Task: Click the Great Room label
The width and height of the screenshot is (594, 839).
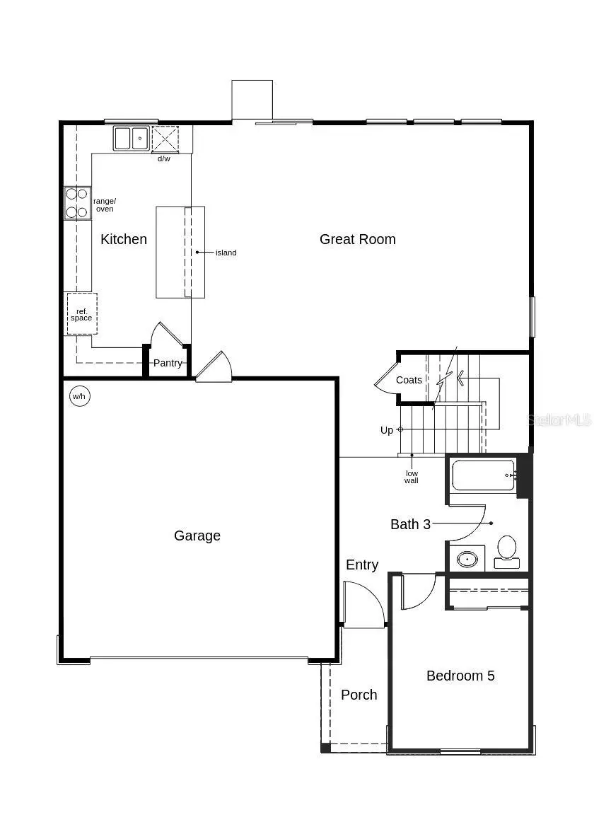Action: (357, 239)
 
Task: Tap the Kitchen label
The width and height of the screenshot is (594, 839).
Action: (124, 239)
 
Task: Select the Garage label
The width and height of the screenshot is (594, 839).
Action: (197, 536)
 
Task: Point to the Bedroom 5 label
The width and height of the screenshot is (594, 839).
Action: (460, 676)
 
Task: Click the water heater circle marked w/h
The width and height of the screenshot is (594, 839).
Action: (78, 396)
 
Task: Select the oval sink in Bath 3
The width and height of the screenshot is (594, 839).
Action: (467, 559)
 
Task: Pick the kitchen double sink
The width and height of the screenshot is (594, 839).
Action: (132, 138)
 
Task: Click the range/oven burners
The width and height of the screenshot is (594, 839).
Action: (77, 202)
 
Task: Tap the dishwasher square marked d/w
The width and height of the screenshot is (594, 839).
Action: (165, 138)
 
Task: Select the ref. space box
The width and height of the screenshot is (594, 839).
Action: (81, 314)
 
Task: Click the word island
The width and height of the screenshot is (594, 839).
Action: (226, 253)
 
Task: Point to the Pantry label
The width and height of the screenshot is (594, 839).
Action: (168, 363)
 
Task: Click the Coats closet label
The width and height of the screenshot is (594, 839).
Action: (409, 380)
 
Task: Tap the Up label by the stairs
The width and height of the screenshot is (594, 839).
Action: (387, 430)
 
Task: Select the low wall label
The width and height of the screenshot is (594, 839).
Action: (412, 477)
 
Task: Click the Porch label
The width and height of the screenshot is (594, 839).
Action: (359, 695)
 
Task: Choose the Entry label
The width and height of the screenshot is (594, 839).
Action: (362, 565)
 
